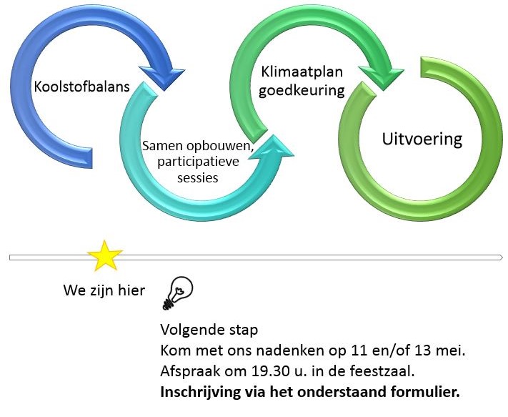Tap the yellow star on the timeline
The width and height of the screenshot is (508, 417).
click(x=104, y=256)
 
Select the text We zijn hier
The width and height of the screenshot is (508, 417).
click(x=104, y=291)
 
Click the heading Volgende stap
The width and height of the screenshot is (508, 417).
click(x=209, y=332)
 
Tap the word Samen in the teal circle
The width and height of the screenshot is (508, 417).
click(x=160, y=145)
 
